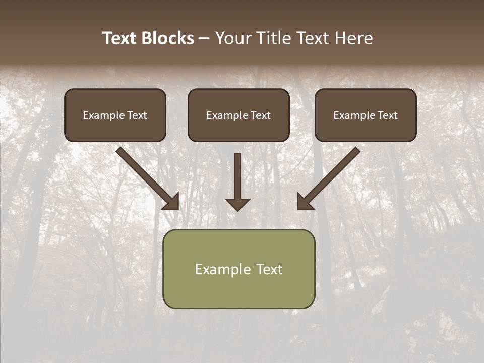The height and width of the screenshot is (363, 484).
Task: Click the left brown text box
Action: (115, 115)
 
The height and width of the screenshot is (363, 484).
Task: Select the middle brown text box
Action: (238, 115)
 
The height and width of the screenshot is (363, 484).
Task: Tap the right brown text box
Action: (366, 115)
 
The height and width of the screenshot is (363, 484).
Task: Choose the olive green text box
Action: (238, 269)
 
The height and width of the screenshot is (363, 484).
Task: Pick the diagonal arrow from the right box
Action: (330, 176)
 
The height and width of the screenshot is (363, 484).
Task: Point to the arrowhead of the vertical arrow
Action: (237, 204)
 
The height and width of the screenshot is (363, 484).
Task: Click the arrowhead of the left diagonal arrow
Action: (172, 202)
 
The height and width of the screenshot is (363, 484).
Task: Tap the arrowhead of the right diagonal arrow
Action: (304, 202)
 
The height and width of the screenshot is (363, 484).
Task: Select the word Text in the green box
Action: (269, 269)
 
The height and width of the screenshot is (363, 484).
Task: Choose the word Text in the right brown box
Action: (387, 115)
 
